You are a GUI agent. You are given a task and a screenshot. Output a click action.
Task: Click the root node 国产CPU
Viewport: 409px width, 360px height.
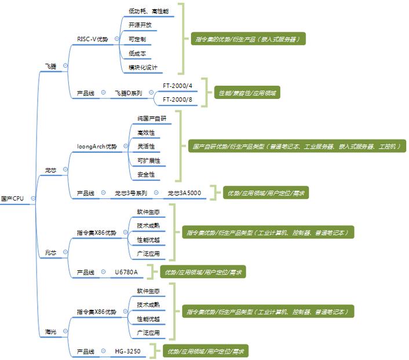[x=12, y=199]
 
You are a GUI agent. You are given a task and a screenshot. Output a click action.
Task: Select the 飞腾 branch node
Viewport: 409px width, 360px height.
[x=50, y=67]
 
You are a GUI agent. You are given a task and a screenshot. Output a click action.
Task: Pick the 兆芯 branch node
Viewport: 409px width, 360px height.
[x=50, y=252]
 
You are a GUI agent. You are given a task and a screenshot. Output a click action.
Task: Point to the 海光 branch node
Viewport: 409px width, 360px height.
[x=50, y=332]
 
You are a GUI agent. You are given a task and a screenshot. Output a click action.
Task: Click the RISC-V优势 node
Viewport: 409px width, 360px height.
[x=93, y=39]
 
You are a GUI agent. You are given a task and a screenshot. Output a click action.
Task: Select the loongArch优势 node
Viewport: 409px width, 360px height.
[x=97, y=146]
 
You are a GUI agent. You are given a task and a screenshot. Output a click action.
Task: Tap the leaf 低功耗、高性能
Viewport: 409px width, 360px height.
[x=148, y=11]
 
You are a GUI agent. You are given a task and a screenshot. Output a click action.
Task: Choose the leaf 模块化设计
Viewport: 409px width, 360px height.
[x=143, y=67]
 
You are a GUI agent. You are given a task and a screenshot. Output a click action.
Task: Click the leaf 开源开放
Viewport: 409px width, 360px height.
[x=140, y=25]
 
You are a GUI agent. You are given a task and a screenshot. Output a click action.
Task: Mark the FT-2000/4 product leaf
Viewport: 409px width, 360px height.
[x=177, y=86]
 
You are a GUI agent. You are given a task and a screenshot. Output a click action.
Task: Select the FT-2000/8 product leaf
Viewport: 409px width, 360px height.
[x=177, y=99]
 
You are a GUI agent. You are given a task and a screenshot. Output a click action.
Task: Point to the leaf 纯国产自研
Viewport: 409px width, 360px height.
[x=147, y=118]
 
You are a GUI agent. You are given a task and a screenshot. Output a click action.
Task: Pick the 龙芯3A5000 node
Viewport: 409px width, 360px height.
[x=184, y=193]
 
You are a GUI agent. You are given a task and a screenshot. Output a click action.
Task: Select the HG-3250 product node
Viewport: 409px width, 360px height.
[x=127, y=351]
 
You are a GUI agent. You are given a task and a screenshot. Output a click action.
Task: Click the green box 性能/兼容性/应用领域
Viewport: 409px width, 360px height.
[x=247, y=93]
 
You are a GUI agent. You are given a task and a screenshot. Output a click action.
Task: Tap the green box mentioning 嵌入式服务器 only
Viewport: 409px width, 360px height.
[x=247, y=39]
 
